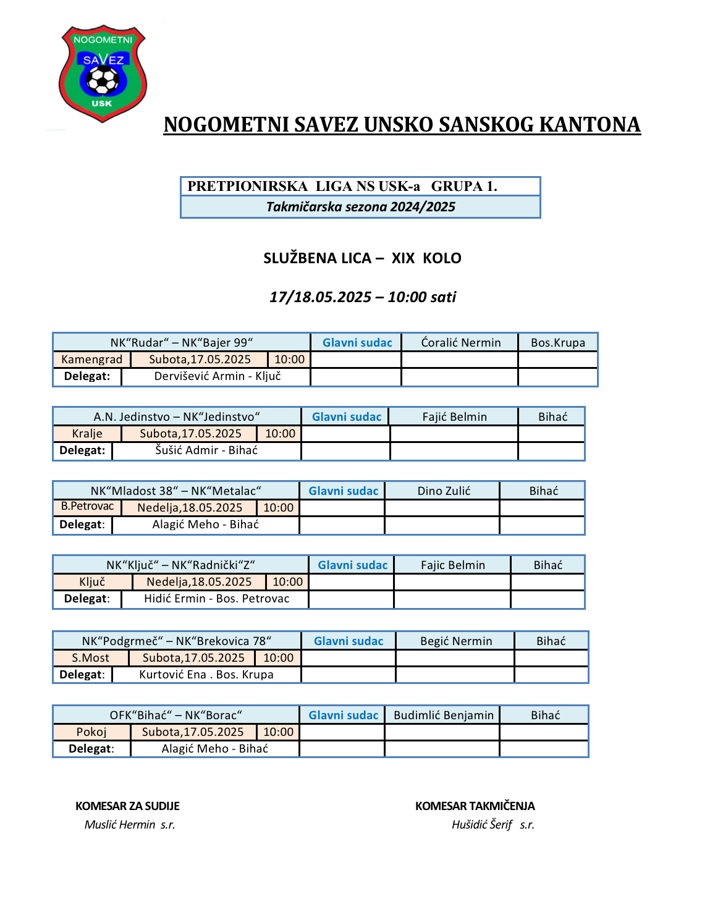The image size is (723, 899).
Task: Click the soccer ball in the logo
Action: (x=103, y=80)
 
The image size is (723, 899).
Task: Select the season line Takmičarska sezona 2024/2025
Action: (x=360, y=207)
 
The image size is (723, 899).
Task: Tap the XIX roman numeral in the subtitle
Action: (x=403, y=258)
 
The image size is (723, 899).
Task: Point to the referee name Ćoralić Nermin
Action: (x=460, y=343)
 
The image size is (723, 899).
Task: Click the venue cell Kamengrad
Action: (x=92, y=360)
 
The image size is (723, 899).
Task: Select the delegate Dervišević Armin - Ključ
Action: (x=218, y=376)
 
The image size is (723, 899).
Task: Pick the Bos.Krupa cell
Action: (x=557, y=343)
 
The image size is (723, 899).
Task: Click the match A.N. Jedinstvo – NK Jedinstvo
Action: (x=177, y=417)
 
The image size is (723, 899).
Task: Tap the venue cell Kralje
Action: (x=87, y=434)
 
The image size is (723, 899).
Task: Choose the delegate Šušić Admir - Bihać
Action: (x=206, y=450)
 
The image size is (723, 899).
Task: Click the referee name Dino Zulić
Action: (x=444, y=491)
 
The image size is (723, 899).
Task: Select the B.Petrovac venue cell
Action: (x=87, y=507)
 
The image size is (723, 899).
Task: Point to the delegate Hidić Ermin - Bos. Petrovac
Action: (x=216, y=599)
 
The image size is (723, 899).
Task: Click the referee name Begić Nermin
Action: (x=456, y=641)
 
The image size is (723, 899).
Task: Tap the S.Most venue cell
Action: (x=90, y=658)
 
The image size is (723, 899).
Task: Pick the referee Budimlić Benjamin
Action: (x=443, y=715)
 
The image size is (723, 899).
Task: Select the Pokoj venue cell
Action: (x=91, y=732)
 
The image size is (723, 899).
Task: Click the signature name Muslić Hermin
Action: (x=120, y=825)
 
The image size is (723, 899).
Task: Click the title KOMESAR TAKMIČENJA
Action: (x=475, y=806)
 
